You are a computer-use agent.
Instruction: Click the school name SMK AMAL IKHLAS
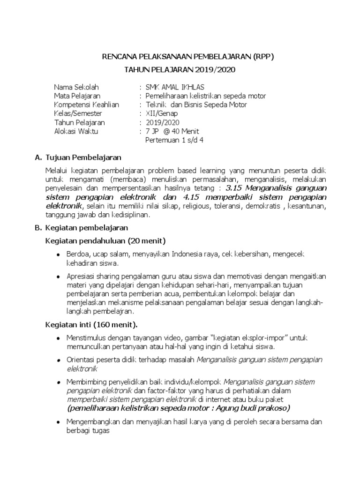(x=174, y=88)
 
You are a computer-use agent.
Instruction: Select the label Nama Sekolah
(x=76, y=88)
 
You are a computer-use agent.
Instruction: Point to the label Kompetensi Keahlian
(x=86, y=105)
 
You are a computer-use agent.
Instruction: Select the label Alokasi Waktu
(x=76, y=131)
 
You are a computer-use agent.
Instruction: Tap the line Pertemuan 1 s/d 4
(x=174, y=140)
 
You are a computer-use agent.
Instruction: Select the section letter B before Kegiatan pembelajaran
(x=38, y=227)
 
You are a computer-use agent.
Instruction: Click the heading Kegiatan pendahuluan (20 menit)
(x=105, y=240)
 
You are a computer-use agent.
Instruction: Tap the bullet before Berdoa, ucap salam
(x=58, y=255)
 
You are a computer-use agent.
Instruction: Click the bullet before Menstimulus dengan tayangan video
(x=58, y=338)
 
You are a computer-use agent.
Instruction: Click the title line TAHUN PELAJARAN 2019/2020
(x=180, y=70)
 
